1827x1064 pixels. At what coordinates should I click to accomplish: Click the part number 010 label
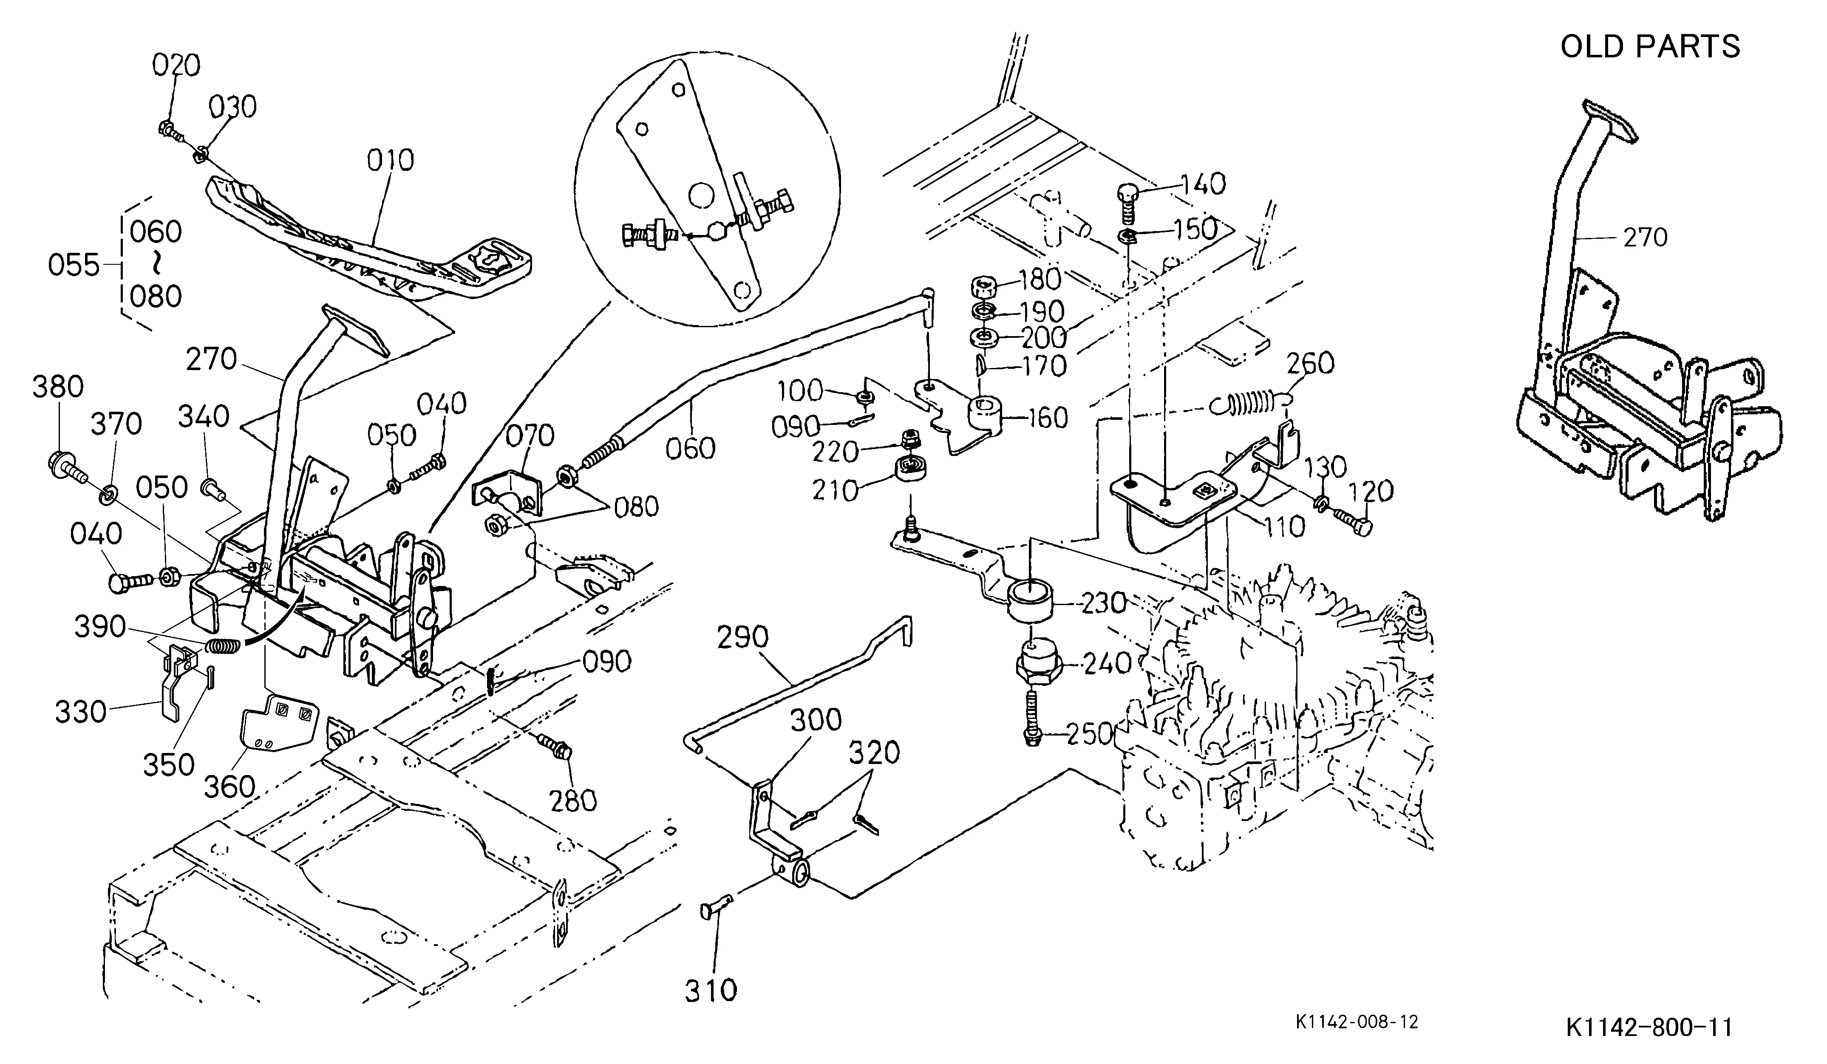(x=390, y=160)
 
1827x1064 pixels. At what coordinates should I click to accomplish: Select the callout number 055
(x=73, y=265)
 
